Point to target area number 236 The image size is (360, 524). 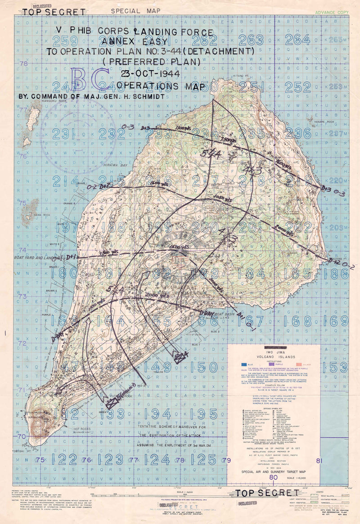(x=301, y=133)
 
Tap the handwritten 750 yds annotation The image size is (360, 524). (x=230, y=142)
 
